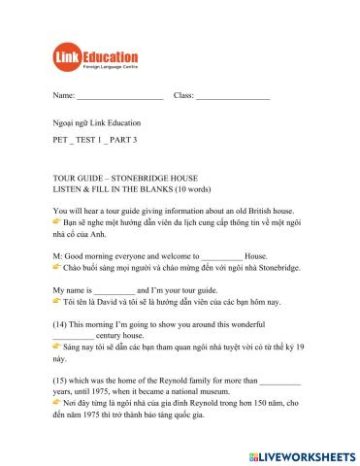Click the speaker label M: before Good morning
pos(58,254)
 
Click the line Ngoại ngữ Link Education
pos(97,123)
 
